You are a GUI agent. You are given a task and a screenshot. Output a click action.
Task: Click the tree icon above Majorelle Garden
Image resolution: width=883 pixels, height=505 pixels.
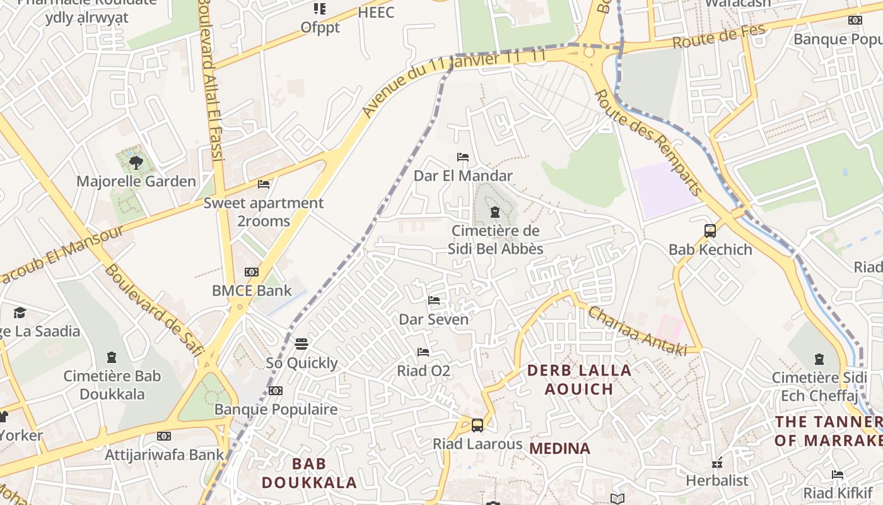[x=136, y=163]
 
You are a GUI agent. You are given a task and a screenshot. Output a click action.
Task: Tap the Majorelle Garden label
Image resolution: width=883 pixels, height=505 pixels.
[x=136, y=182]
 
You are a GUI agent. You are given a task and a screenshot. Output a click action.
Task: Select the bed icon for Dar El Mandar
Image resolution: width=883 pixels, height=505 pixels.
[x=463, y=157]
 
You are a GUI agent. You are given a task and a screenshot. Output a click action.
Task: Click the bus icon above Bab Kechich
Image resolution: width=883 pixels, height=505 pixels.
[x=710, y=230]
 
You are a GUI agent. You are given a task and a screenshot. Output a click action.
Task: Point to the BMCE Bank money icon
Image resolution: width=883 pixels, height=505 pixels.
[x=252, y=272]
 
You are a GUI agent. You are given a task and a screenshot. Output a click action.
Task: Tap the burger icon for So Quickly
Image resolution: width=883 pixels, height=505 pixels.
[x=301, y=344]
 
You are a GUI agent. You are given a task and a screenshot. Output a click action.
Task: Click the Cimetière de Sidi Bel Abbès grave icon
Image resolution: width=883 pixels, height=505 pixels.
[x=495, y=212]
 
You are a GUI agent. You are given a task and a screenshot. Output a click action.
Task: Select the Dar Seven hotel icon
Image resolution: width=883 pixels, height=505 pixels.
[x=434, y=300]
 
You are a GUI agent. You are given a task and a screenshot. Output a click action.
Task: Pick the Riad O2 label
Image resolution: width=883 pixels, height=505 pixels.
[x=423, y=371]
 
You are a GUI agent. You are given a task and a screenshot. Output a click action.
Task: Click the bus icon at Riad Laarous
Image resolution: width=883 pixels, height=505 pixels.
[x=477, y=425]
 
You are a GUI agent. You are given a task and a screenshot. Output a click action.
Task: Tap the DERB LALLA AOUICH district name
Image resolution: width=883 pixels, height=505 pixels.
[x=579, y=379]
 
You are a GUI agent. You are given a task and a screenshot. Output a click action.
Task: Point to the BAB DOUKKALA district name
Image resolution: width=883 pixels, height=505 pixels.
[x=309, y=473]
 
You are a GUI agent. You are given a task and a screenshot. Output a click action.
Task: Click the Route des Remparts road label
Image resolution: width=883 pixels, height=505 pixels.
[x=648, y=142]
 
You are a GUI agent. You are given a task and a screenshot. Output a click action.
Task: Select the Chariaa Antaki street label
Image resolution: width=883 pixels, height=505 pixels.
[x=637, y=331]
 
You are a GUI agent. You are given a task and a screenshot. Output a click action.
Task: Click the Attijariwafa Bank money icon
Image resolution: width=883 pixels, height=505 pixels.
[x=164, y=436]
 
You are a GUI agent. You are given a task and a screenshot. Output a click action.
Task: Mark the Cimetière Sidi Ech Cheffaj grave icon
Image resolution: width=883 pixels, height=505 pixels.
[x=819, y=359]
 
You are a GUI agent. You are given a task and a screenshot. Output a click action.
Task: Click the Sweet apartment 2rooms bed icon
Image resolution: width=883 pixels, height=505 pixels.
[x=264, y=184]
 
